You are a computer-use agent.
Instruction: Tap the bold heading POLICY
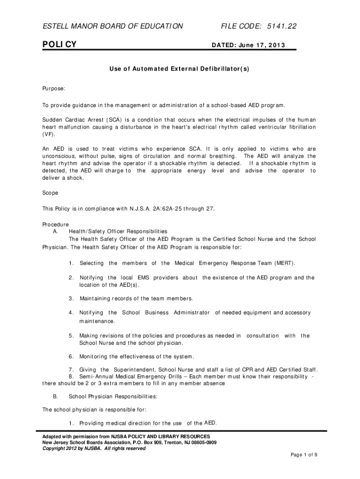pyautogui.click(x=59, y=44)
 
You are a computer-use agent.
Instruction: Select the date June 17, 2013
pyautogui.click(x=265, y=46)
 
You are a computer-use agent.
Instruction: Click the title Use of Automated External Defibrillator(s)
pyautogui.click(x=180, y=69)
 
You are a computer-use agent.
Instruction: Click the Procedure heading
pyautogui.click(x=56, y=225)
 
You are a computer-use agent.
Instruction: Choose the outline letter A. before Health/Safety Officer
pyautogui.click(x=56, y=231)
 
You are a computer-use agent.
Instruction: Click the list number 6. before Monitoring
pyautogui.click(x=72, y=356)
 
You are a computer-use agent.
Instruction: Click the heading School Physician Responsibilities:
pyautogui.click(x=113, y=396)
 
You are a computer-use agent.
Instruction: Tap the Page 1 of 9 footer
pyautogui.click(x=304, y=455)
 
